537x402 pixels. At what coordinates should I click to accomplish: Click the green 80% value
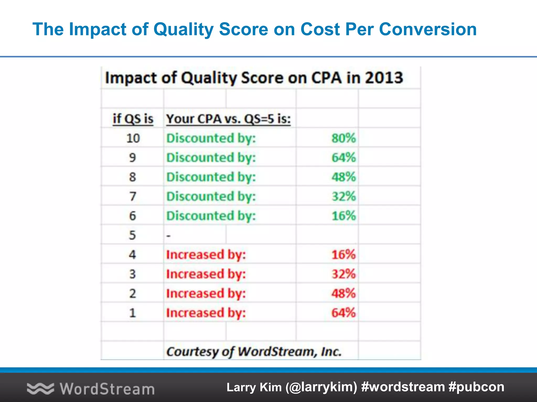(343, 138)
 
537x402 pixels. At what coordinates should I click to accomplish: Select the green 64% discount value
(343, 158)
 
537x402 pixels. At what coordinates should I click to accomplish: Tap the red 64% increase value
(343, 313)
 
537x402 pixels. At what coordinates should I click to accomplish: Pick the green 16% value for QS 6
(343, 216)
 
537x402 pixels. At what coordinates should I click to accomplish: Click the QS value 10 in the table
(133, 138)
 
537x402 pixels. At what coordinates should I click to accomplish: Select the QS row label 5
(132, 235)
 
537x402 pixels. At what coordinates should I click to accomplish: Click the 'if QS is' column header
(133, 119)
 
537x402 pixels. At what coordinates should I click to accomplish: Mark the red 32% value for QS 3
(343, 274)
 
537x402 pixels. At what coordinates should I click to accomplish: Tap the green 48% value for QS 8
(343, 177)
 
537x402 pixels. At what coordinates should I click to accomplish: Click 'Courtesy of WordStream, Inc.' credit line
(254, 351)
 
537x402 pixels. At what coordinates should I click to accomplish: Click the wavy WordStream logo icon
(40, 388)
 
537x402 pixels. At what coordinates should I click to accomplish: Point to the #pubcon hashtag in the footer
(476, 387)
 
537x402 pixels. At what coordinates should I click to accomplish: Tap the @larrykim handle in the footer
(321, 387)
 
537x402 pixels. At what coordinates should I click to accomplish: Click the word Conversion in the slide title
(428, 29)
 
